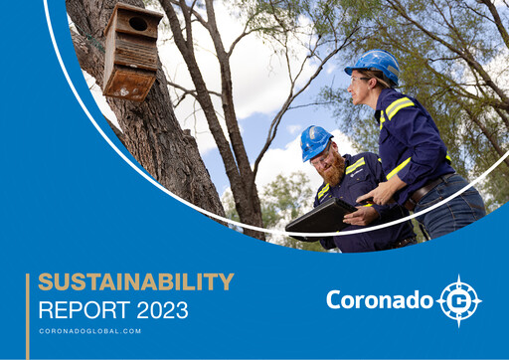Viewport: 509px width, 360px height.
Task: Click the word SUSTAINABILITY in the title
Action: [x=136, y=281]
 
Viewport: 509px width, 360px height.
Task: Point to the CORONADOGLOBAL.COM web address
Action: [x=90, y=331]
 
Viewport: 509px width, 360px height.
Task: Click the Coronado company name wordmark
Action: [x=379, y=299]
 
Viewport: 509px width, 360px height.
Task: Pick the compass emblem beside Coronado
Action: [x=458, y=300]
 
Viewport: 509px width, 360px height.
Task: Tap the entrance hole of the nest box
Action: [x=138, y=23]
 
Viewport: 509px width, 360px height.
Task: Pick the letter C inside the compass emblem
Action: [x=458, y=300]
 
